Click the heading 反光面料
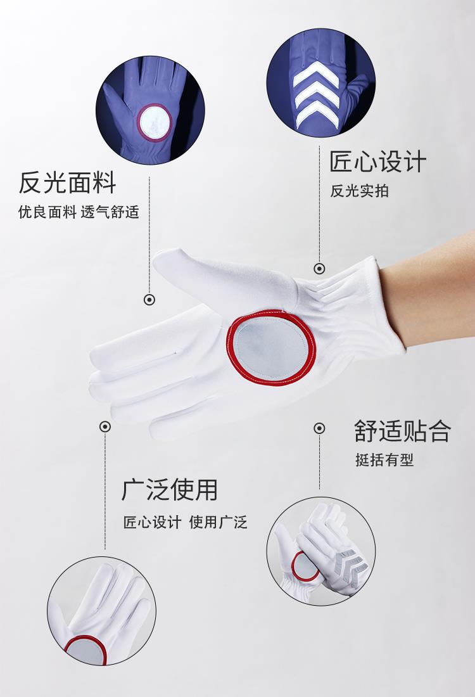pos(67,182)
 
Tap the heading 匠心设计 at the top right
pos(377,162)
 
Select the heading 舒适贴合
pos(403,431)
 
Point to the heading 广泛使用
pos(170,490)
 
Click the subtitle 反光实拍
pos(359,191)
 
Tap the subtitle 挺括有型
pos(384,459)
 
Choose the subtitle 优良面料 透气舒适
pos(79,212)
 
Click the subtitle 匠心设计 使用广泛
pos(186,522)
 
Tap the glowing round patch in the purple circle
pos(154,123)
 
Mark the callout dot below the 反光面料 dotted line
pos(149,300)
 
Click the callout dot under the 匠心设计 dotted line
pos(319,269)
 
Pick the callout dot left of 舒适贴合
pos(319,428)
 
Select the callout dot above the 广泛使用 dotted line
pos(105,426)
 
